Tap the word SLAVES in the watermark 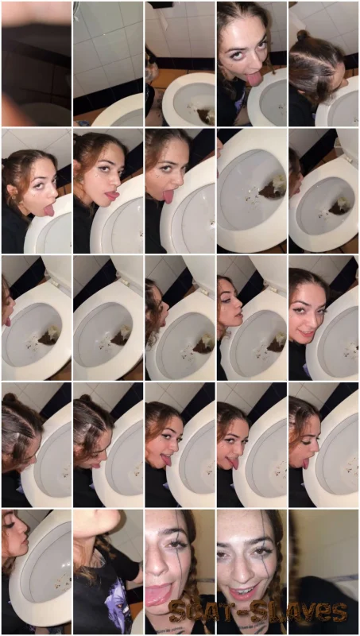pyautogui.click(x=297, y=612)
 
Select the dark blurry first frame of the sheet pyautogui.click(x=37, y=64)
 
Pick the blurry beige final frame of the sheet pyautogui.click(x=323, y=572)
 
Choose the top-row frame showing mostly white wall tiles pyautogui.click(x=108, y=64)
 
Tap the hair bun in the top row pyautogui.click(x=302, y=36)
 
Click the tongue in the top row pyautogui.click(x=255, y=78)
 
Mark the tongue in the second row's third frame pyautogui.click(x=168, y=196)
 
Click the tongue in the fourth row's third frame pyautogui.click(x=167, y=460)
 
